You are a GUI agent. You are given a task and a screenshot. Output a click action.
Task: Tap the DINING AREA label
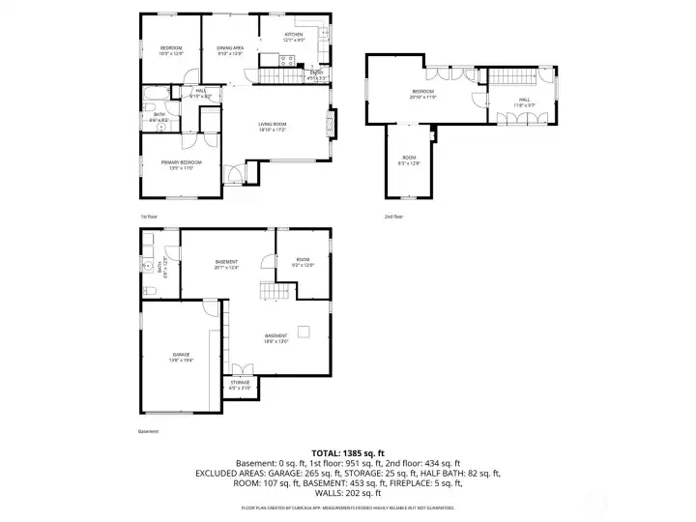[x=229, y=49]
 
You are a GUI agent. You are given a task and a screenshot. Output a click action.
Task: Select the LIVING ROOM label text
[x=272, y=127]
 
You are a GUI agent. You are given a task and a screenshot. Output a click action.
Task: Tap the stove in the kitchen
[x=286, y=60]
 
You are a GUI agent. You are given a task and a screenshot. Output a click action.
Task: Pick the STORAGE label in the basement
[x=240, y=384]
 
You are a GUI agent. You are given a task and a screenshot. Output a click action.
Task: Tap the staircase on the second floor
[x=508, y=77]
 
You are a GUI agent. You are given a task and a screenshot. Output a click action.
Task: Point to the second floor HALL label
[x=524, y=99]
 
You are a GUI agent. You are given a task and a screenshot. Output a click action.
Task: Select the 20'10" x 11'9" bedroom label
[x=423, y=95]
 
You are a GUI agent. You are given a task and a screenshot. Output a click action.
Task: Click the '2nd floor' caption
[x=393, y=217]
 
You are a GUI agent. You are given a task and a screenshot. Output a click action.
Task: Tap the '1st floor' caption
[x=149, y=217]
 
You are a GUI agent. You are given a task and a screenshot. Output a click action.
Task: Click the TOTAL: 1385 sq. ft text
[x=347, y=452]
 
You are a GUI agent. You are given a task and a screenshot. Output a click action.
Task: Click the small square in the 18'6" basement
[x=304, y=332]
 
